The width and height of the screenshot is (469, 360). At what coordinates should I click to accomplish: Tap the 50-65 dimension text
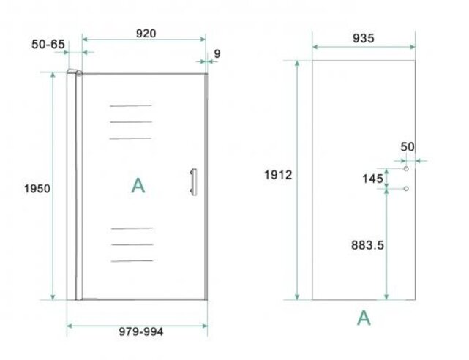49,44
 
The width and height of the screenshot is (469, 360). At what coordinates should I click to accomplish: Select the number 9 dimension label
217,53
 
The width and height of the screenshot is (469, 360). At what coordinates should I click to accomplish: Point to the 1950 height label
37,188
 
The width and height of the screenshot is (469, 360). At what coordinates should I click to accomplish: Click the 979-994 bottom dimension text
141,331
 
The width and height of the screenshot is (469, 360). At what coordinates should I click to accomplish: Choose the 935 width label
363,38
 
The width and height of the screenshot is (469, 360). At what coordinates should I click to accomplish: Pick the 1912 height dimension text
279,175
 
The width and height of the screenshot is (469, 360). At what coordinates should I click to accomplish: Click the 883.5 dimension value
367,245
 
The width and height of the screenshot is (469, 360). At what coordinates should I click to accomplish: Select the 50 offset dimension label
407,146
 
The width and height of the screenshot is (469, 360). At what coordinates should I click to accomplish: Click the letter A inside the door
138,186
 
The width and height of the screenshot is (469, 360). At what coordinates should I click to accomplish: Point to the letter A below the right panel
364,318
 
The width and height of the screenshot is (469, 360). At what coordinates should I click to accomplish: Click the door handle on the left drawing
193,182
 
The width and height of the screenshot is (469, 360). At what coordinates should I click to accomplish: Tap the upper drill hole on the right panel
407,168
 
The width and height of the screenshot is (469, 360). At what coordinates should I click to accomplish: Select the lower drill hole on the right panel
407,189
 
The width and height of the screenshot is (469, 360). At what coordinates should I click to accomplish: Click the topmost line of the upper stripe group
131,105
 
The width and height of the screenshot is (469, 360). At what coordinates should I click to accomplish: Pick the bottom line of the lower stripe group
132,261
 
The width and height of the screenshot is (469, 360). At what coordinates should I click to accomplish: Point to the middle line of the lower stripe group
132,244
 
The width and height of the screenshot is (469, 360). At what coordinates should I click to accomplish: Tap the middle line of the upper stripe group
131,121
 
